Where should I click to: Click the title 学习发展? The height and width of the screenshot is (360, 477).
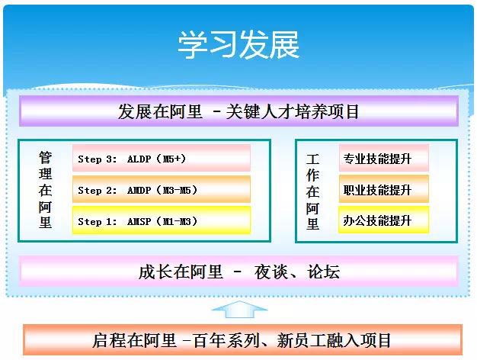(238, 45)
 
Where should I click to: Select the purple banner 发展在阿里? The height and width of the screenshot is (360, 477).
(238, 111)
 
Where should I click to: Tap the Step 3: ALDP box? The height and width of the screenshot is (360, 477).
(162, 159)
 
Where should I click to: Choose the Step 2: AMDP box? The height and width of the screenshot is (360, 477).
(162, 189)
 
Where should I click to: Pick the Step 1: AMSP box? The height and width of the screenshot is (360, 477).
(162, 221)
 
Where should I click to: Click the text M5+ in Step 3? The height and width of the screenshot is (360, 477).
(174, 159)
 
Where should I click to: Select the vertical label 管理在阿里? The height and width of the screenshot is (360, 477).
(45, 190)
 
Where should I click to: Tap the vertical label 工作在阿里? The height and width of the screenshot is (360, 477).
(312, 191)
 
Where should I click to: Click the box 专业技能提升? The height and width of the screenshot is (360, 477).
(384, 159)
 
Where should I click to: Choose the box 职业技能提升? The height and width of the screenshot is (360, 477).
(384, 189)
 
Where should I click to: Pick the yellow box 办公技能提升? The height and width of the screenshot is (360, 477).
(384, 220)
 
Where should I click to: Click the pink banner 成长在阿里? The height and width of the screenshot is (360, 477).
(238, 272)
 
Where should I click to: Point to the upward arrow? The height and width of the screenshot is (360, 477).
(239, 309)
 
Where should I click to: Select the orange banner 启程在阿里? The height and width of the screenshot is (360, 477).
(242, 340)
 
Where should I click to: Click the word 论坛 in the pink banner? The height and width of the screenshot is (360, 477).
(323, 272)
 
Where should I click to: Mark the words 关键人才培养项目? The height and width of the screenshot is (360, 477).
(293, 111)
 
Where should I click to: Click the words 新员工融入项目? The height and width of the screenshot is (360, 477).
(334, 340)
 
